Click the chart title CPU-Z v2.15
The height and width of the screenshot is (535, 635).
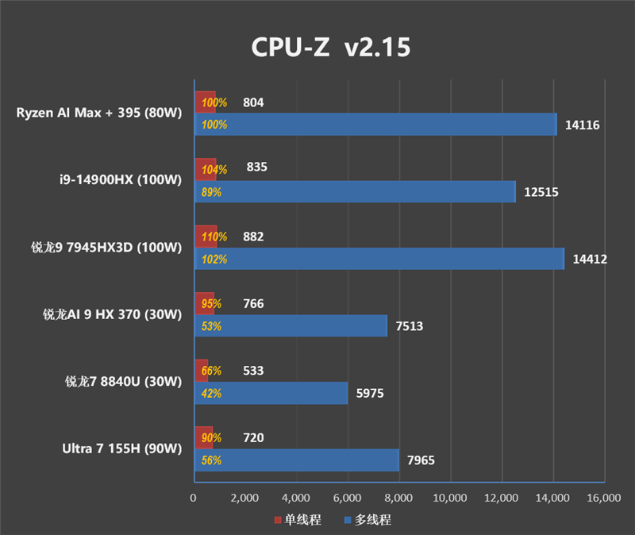pos(331,48)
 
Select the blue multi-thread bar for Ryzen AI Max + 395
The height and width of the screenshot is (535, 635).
pos(375,125)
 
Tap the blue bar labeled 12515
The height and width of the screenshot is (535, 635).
pos(355,192)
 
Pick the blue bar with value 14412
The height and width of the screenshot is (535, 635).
pos(379,259)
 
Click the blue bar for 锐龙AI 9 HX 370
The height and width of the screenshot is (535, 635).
pos(291,326)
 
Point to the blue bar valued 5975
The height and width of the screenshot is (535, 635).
pos(271,393)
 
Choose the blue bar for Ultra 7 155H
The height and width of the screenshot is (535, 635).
pos(296,460)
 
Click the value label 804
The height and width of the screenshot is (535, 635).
pos(254,102)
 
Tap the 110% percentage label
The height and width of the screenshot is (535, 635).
pos(214,237)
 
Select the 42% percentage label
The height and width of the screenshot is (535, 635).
pos(211,393)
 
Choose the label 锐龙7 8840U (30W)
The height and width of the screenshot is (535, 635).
pos(124,381)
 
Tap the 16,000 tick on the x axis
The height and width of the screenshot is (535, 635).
pos(603,498)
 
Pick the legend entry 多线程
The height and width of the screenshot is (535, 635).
pos(369,520)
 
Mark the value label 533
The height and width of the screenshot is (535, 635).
pos(254,371)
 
